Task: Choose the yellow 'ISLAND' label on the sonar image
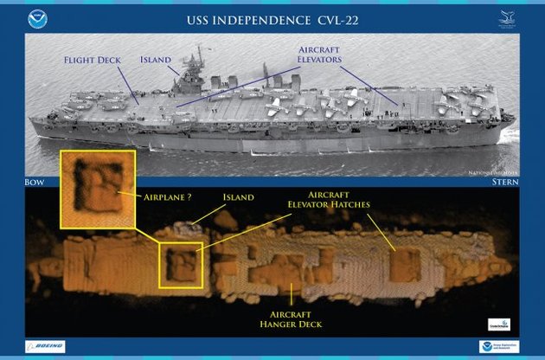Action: click(238, 197)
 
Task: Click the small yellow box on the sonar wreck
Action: click(181, 265)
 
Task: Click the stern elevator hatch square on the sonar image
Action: click(404, 265)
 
